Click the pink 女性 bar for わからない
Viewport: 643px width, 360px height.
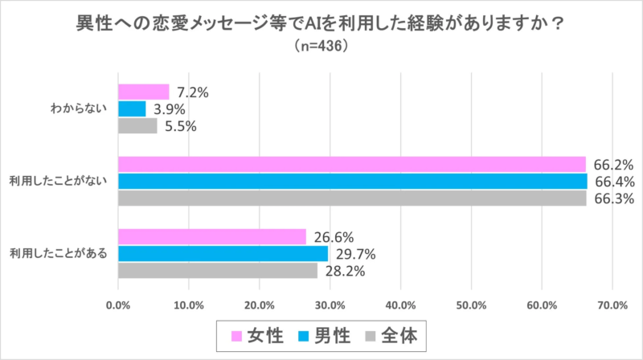pos(144,92)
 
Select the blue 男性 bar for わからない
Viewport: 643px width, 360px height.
pos(132,108)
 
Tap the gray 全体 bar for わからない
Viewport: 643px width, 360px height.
pos(137,125)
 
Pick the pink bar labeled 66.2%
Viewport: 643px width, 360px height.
pos(351,164)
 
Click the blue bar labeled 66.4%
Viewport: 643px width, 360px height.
pos(352,181)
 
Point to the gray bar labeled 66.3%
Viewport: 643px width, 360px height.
pos(352,198)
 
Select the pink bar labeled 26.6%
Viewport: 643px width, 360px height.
pos(212,236)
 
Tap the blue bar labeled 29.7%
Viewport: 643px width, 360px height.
pos(223,253)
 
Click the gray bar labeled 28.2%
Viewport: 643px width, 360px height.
pos(218,271)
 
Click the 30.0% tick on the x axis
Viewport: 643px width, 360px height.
pos(330,305)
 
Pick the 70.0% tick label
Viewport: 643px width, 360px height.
pos(612,305)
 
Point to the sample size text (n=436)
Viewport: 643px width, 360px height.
pos(321,47)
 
